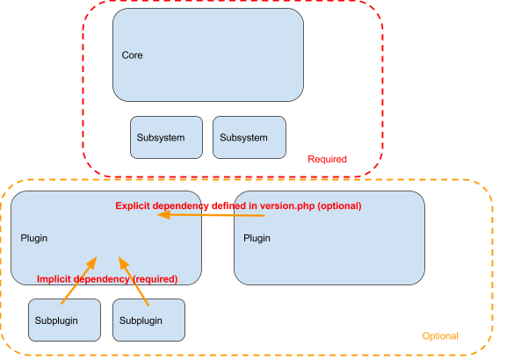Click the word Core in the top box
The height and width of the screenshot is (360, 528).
[132, 55]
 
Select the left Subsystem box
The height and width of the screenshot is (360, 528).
[166, 137]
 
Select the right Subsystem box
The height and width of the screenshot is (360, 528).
[249, 137]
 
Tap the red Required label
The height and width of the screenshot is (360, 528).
[327, 160]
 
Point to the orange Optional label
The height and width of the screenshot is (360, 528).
[439, 336]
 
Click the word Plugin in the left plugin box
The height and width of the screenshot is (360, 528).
[34, 238]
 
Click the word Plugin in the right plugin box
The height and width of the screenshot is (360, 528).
[257, 238]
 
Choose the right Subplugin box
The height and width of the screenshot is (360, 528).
[148, 320]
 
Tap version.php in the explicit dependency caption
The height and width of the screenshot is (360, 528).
[286, 205]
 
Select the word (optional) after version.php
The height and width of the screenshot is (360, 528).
[339, 205]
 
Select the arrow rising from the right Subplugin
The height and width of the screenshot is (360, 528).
[134, 281]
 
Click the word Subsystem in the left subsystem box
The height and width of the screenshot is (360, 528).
[161, 138]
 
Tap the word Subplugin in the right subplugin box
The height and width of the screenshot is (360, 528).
[141, 320]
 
